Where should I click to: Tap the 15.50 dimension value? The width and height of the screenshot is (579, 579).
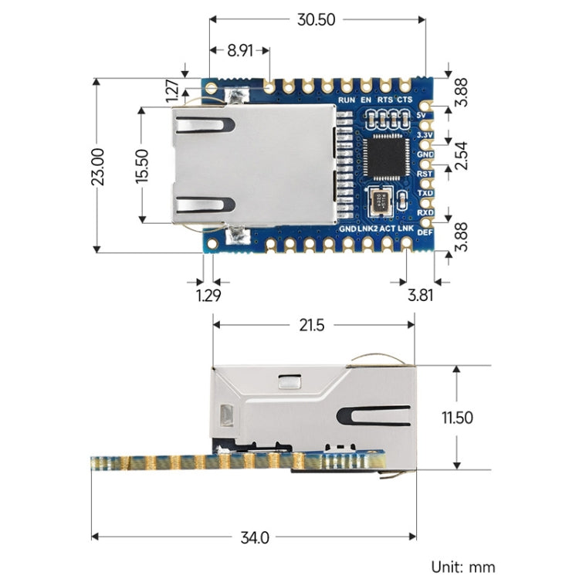pos(141,164)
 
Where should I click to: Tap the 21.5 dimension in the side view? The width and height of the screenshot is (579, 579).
pos(312,326)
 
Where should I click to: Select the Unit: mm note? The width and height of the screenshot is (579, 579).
pos(462,567)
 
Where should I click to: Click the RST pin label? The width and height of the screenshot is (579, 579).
pos(425,174)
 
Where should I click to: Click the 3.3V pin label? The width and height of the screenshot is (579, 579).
pos(425,135)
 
